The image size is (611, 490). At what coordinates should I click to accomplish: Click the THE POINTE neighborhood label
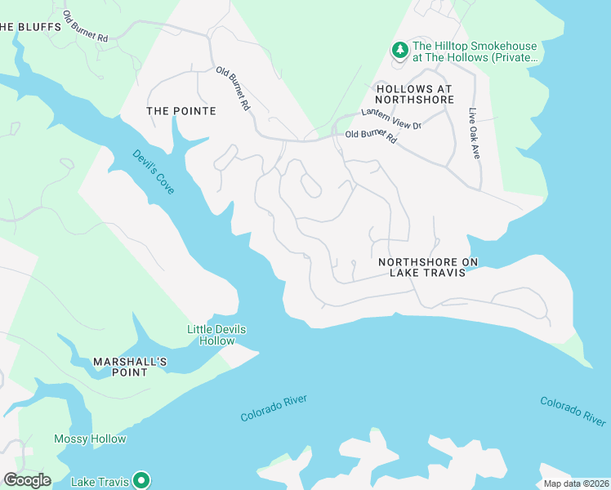tap(181, 111)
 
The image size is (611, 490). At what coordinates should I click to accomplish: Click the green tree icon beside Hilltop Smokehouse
tap(400, 51)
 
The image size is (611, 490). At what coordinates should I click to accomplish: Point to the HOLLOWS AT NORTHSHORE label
tap(426, 94)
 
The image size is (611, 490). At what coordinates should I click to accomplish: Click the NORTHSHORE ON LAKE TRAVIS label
tap(428, 267)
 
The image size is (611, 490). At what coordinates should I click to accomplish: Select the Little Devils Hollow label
tap(216, 335)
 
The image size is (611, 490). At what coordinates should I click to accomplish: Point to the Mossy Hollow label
tap(90, 439)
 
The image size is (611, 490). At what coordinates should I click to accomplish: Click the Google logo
tap(27, 480)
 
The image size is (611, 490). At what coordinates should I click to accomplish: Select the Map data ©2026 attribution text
tap(576, 483)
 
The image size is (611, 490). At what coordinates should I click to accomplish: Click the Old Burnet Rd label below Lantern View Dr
tap(371, 137)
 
